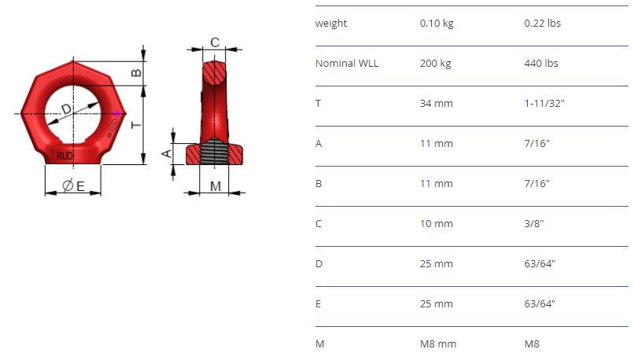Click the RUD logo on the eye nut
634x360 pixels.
click(65, 156)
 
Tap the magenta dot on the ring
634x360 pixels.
click(117, 113)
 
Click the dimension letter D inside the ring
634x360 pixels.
click(66, 108)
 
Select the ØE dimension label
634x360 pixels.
click(74, 186)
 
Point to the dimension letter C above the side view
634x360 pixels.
click(215, 42)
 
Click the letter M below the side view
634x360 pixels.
click(216, 186)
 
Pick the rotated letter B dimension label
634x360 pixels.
click(136, 73)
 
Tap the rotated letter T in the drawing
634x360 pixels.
click(136, 125)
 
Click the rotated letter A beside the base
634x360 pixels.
click(166, 153)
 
